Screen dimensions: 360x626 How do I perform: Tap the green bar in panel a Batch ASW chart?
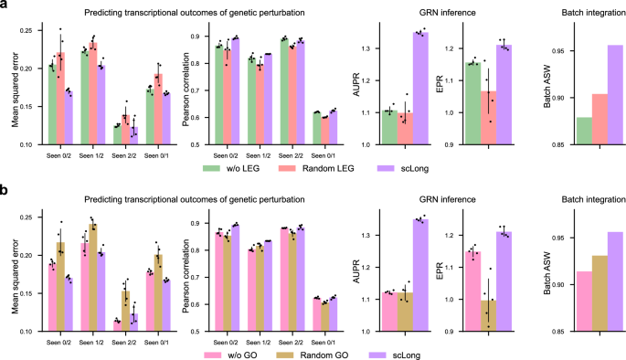click(558, 131)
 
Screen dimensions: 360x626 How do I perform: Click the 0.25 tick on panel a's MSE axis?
click(29, 31)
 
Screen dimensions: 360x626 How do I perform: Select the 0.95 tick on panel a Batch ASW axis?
click(537, 50)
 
